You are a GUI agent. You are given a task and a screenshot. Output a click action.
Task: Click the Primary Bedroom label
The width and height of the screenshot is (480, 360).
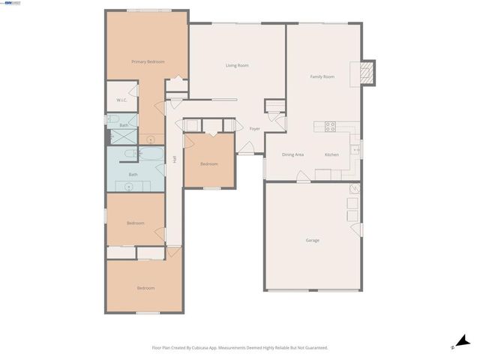pos(148,61)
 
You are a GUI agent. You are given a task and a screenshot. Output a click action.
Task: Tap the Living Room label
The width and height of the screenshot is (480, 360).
pos(237,65)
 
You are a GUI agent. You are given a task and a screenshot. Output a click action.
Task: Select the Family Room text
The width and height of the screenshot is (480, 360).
pos(322,76)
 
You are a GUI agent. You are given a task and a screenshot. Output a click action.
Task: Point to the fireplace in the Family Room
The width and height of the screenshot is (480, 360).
pos(367,71)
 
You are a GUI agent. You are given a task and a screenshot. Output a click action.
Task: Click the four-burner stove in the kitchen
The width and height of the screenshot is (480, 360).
pos(329,126)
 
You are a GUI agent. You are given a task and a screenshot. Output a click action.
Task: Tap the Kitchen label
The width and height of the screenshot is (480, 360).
pos(331,154)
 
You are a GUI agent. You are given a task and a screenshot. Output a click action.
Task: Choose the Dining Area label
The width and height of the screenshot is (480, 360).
pos(292,154)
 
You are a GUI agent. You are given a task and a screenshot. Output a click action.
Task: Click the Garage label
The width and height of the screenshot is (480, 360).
pos(312,240)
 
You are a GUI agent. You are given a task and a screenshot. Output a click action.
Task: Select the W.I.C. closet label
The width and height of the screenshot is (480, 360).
pos(120,100)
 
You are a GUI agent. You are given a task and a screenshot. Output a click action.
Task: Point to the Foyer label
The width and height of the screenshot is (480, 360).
pos(255,128)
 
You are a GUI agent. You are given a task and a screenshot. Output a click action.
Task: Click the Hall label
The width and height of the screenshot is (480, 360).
pos(174,159)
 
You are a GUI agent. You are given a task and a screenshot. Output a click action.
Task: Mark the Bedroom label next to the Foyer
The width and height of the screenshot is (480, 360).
pos(208,164)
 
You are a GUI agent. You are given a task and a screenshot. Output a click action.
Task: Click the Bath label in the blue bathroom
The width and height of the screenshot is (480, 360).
pos(133,175)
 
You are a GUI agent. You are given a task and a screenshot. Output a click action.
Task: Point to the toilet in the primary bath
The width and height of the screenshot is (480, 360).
pos(112,118)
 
